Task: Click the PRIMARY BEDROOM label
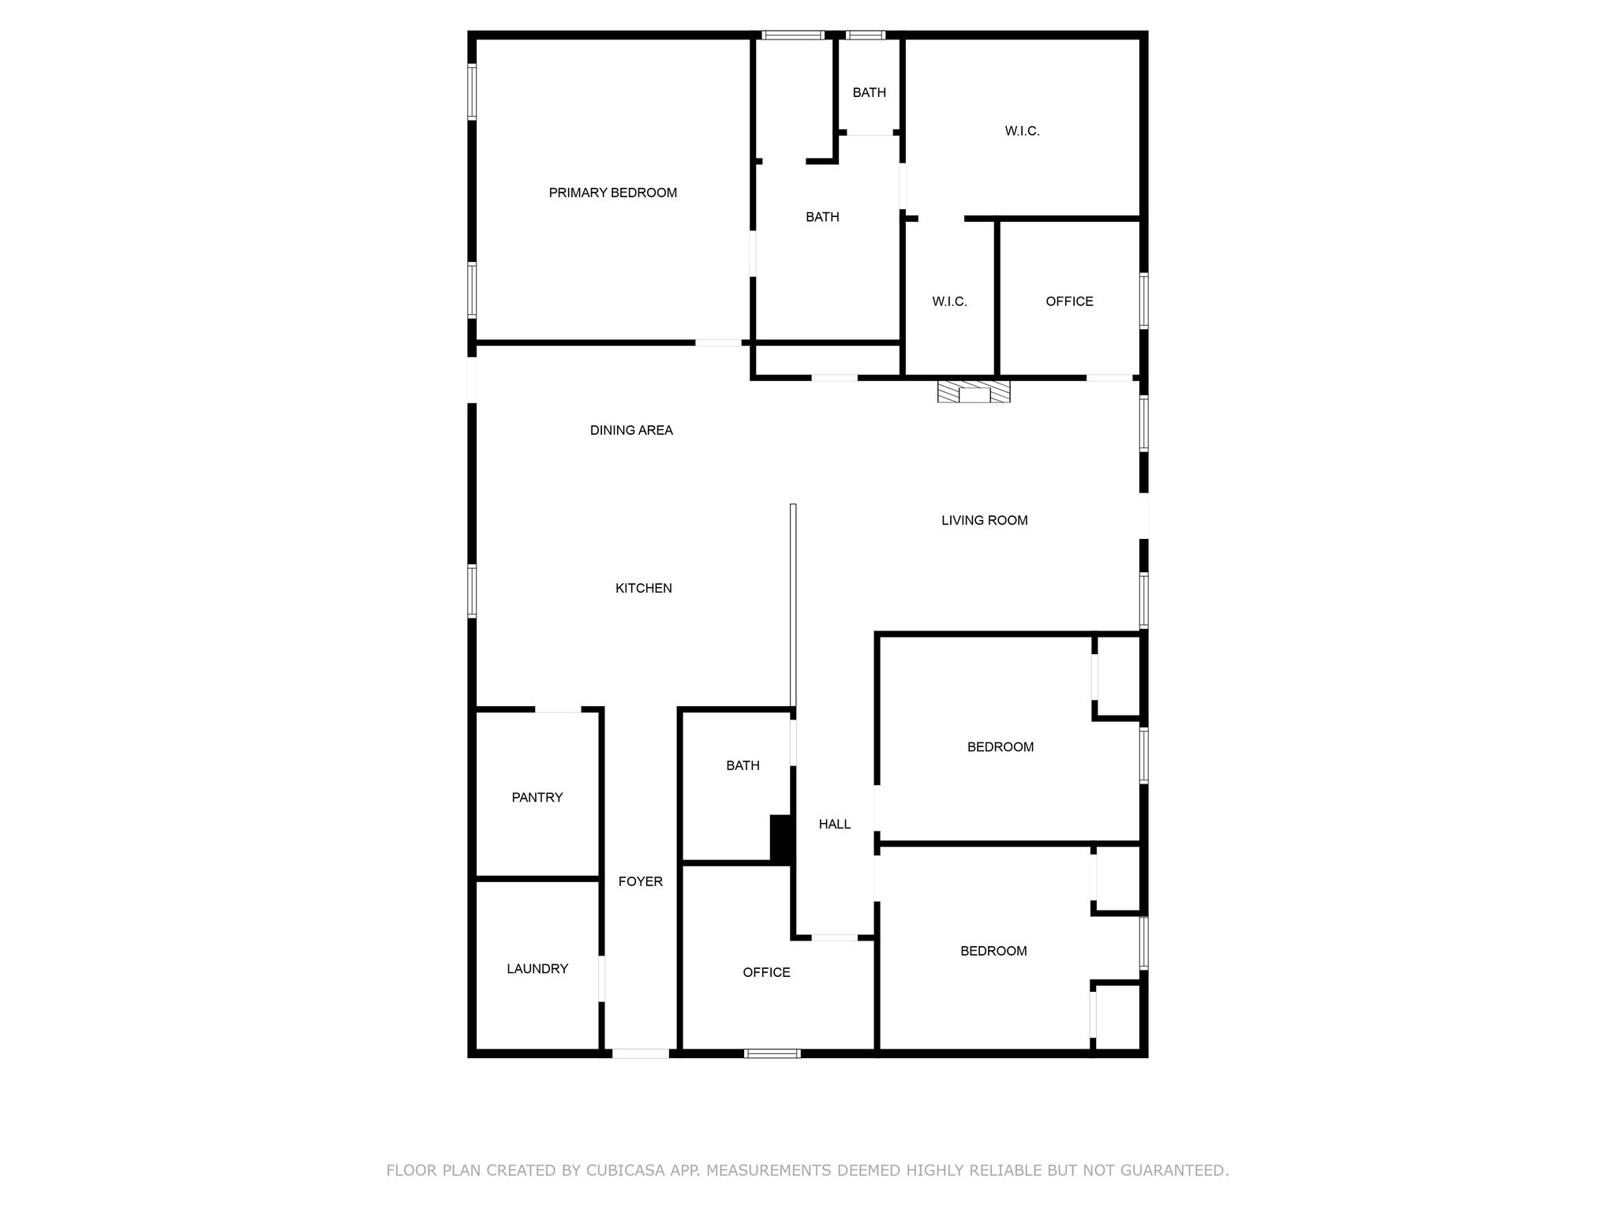coord(612,193)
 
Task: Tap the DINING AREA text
coord(631,430)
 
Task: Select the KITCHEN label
coord(643,588)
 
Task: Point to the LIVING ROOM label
coord(984,520)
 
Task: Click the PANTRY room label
coord(537,797)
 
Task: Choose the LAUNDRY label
coord(537,968)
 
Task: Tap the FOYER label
coord(640,881)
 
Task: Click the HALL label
coord(834,824)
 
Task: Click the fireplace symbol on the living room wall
coord(974,391)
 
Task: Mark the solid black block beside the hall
coord(780,839)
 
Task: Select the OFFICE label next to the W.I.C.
coord(1069,301)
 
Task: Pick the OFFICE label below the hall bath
coord(766,972)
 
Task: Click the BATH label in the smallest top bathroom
coord(869,92)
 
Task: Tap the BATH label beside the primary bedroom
coord(822,217)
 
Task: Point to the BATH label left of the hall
coord(743,765)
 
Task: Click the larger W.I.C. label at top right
coord(1022,131)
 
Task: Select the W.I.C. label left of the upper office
coord(949,301)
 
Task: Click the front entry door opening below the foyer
coord(640,1053)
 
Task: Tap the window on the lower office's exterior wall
coord(772,1053)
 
